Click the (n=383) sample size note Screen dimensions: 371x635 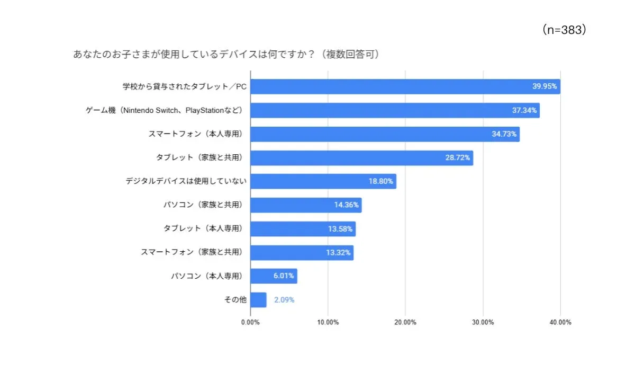565,30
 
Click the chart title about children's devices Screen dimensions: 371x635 226,55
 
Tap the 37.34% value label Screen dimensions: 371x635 523,110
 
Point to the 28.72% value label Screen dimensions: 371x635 457,158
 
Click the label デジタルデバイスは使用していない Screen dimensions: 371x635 186,181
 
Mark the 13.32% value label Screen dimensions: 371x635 338,253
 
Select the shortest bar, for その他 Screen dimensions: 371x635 258,300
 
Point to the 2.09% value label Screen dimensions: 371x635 284,300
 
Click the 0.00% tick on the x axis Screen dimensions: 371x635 250,322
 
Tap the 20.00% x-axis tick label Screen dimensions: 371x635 405,322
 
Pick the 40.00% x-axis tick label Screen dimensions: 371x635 560,322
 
